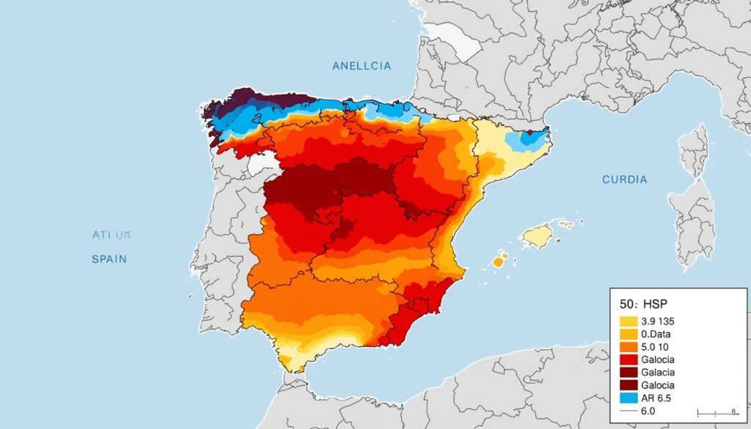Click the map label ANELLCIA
pyautogui.click(x=362, y=65)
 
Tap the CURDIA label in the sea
pyautogui.click(x=624, y=179)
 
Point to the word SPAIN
pyautogui.click(x=109, y=259)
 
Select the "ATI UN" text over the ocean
pyautogui.click(x=111, y=235)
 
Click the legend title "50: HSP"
pyautogui.click(x=645, y=303)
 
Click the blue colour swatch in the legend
pyautogui.click(x=629, y=398)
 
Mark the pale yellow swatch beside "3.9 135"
pyautogui.click(x=629, y=321)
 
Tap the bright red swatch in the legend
pyautogui.click(x=629, y=359)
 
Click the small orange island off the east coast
pyautogui.click(x=499, y=260)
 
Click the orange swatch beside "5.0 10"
pyautogui.click(x=629, y=347)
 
